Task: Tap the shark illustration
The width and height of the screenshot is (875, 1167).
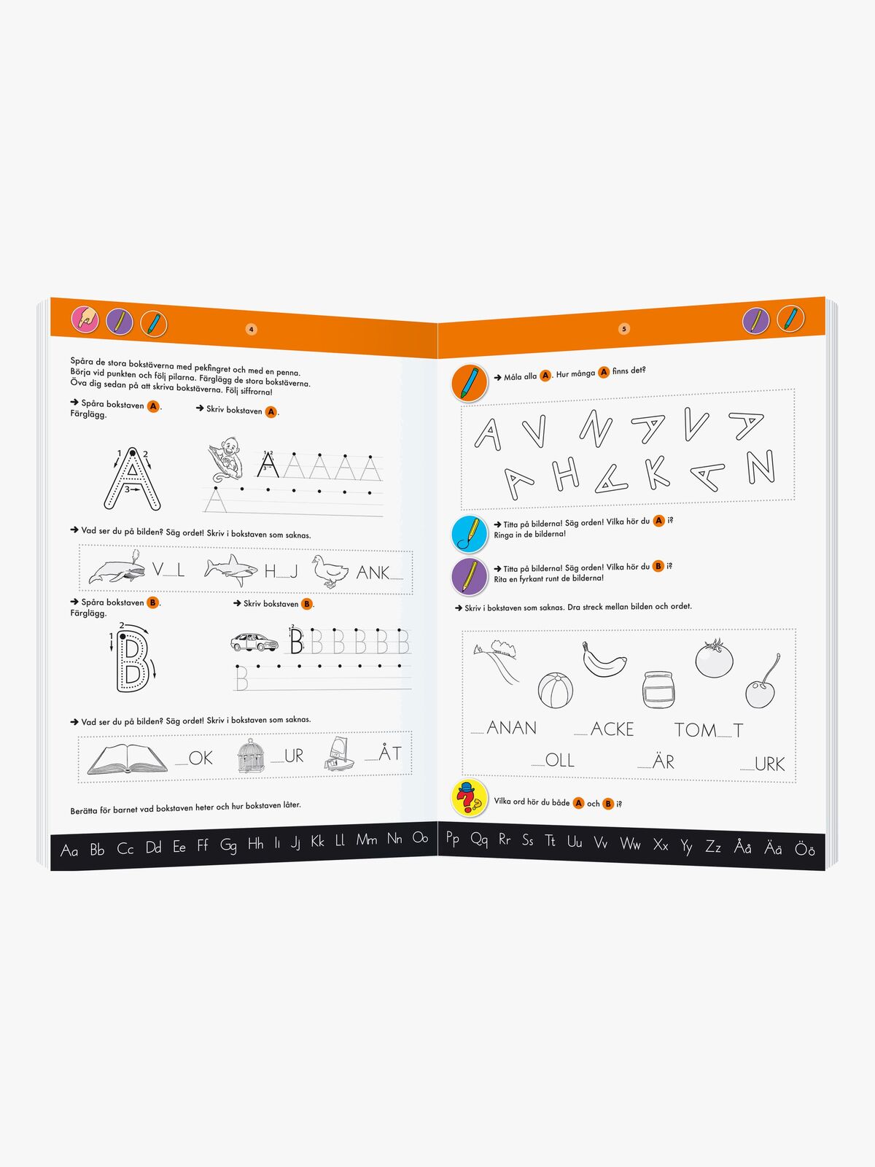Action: (x=230, y=570)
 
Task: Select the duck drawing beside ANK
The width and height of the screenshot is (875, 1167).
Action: (x=330, y=572)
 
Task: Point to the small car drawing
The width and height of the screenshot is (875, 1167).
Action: (x=254, y=643)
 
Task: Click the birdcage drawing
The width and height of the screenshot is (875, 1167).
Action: (x=251, y=756)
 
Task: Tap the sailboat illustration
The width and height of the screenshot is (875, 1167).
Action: (x=339, y=753)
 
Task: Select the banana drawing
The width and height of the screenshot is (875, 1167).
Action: (x=604, y=661)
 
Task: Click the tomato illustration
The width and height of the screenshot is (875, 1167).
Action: (x=714, y=658)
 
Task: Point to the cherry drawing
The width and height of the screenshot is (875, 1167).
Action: (x=763, y=683)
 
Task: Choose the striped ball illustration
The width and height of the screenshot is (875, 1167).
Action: (x=555, y=691)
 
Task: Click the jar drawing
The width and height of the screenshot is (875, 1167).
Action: (x=658, y=689)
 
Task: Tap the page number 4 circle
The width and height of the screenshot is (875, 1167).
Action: (x=252, y=329)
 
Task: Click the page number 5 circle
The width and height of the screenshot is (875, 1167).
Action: (x=624, y=328)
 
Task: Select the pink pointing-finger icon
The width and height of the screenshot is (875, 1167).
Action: (x=85, y=320)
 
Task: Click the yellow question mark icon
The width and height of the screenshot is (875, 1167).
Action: (x=469, y=797)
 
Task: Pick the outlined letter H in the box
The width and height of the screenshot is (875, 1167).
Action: (x=565, y=475)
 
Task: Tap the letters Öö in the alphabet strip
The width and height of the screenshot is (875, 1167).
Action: (x=804, y=848)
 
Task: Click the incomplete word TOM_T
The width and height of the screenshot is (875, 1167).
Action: (x=709, y=730)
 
